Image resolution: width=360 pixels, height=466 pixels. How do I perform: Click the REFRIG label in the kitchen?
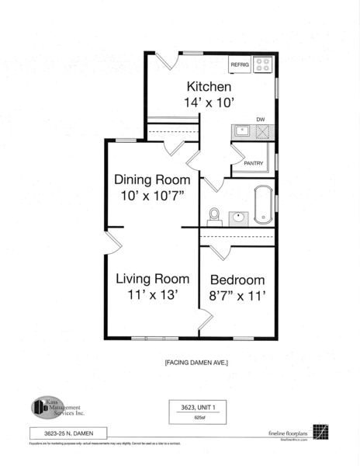click(239, 65)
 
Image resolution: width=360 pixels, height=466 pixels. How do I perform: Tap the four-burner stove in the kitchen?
click(264, 64)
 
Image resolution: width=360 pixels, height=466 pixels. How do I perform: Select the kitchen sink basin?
click(242, 130)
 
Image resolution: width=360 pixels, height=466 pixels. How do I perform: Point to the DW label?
click(261, 120)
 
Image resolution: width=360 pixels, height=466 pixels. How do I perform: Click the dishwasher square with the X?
click(264, 131)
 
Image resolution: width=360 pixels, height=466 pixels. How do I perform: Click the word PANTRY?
click(254, 163)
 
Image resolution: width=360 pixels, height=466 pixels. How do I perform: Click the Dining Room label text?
click(151, 179)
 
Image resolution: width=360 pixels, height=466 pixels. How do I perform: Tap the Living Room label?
click(153, 278)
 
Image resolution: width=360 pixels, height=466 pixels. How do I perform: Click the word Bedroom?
click(237, 280)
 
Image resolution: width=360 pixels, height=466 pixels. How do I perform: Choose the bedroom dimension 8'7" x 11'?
click(237, 296)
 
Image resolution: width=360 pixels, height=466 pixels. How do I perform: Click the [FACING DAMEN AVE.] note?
click(196, 363)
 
